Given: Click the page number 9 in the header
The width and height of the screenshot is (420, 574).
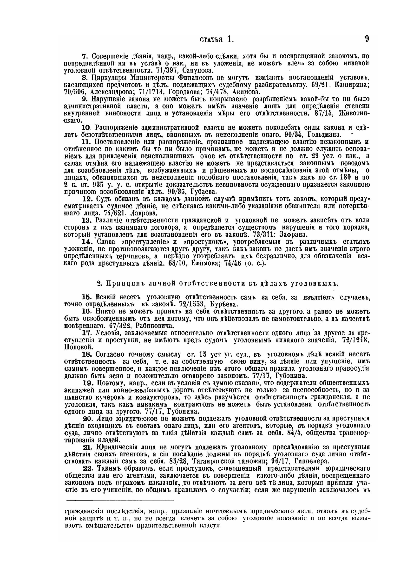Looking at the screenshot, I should [x=367, y=39].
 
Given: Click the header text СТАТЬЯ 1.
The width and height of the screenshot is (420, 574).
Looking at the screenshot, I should [x=216, y=40].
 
